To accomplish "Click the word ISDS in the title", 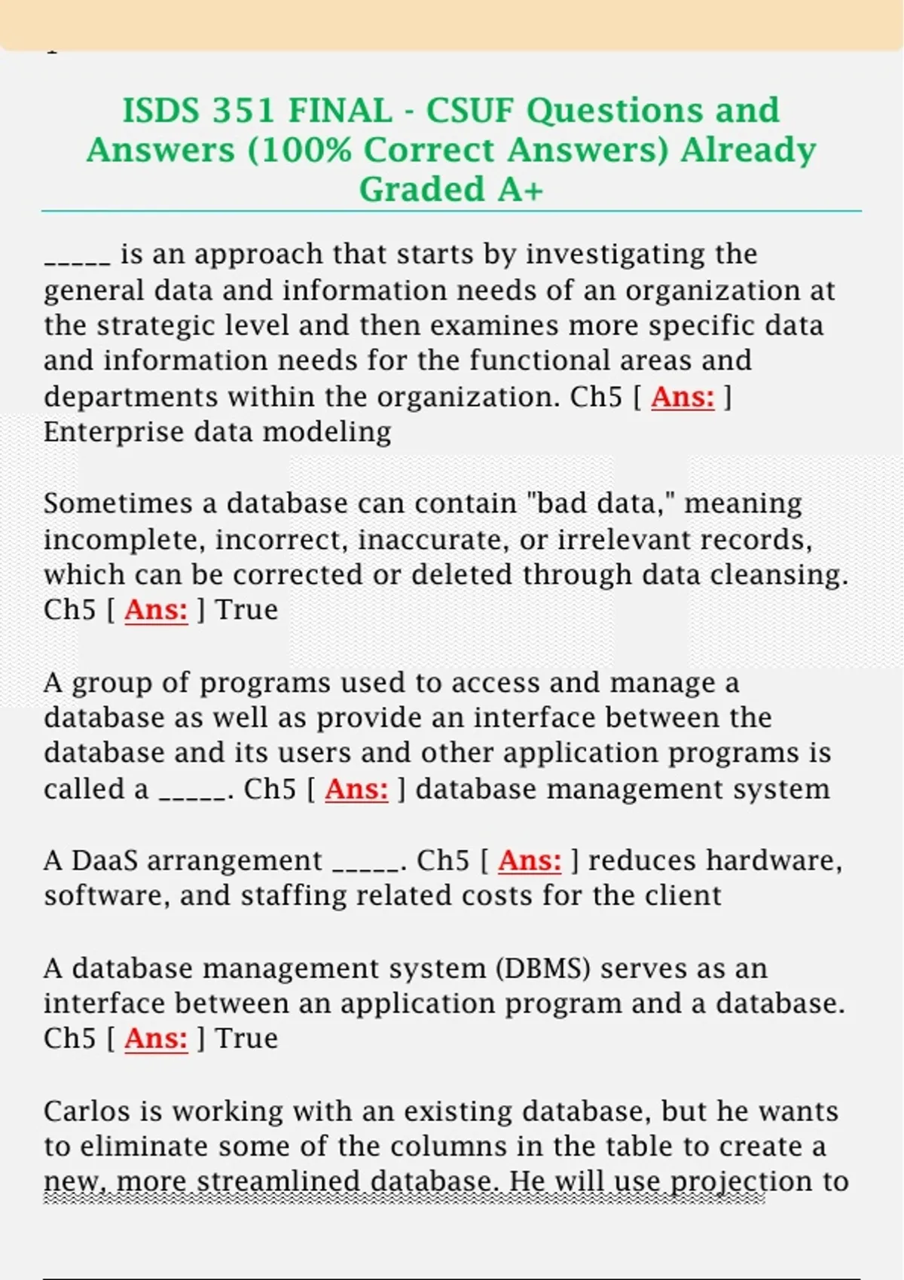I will (161, 111).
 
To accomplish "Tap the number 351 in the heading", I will (243, 111).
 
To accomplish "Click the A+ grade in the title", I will (520, 189).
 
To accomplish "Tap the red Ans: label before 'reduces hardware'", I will (530, 860).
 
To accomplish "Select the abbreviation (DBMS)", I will (543, 968).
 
